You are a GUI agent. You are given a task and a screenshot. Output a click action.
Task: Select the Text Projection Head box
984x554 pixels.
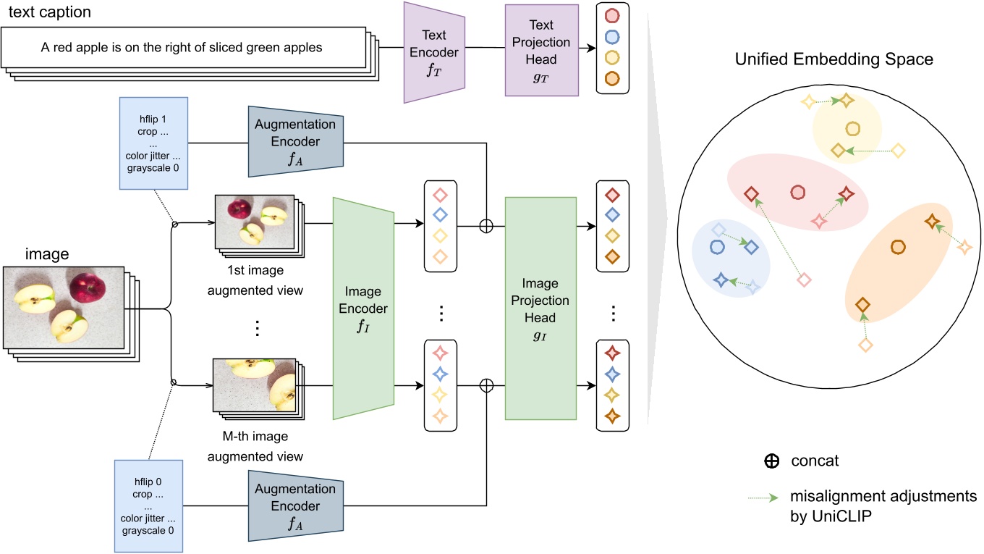click(540, 49)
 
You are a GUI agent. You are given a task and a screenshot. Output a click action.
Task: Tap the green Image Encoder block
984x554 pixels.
click(363, 308)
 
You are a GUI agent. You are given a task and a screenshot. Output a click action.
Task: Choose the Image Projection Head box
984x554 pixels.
click(540, 309)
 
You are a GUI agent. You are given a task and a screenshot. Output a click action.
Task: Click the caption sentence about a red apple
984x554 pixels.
click(181, 48)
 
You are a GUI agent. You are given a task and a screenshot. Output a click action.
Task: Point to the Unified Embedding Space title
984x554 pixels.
click(834, 59)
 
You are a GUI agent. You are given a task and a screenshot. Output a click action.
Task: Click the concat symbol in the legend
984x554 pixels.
click(772, 461)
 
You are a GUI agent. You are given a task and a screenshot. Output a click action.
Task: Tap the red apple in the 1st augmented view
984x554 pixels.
click(238, 210)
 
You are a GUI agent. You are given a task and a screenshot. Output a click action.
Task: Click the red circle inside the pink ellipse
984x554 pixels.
click(798, 192)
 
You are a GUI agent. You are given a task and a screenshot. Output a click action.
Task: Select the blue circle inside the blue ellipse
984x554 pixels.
click(718, 246)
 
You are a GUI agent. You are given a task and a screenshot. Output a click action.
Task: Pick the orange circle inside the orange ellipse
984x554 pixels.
click(898, 247)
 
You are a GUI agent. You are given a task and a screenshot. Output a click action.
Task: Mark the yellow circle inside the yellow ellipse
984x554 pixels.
click(852, 128)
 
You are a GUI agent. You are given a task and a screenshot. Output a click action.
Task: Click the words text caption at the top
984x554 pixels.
click(49, 13)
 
